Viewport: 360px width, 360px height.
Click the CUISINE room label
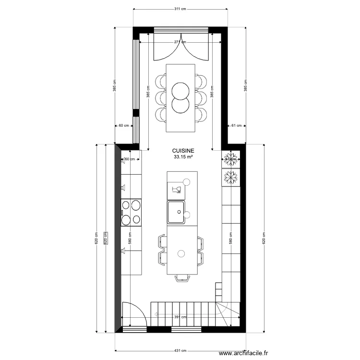pyautogui.click(x=180, y=150)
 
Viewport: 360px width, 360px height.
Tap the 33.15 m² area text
pyautogui.click(x=180, y=156)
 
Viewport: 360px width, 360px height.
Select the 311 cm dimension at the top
pyautogui.click(x=180, y=9)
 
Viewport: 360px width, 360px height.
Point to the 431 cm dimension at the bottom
pyautogui.click(x=180, y=351)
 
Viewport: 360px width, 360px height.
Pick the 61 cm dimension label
pyautogui.click(x=236, y=126)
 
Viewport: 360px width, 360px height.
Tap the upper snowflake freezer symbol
pyautogui.click(x=231, y=158)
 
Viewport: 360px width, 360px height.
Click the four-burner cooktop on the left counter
pyautogui.click(x=131, y=213)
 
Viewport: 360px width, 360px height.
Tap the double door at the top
pyautogui.click(x=181, y=46)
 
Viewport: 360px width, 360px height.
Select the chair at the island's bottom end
pyautogui.click(x=182, y=278)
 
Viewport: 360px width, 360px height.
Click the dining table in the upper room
pyautogui.click(x=180, y=97)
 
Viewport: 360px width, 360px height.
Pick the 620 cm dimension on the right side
pyautogui.click(x=263, y=238)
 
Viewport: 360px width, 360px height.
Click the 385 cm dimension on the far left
pyautogui.click(x=114, y=85)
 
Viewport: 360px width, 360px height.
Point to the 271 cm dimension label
pyautogui.click(x=180, y=42)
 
